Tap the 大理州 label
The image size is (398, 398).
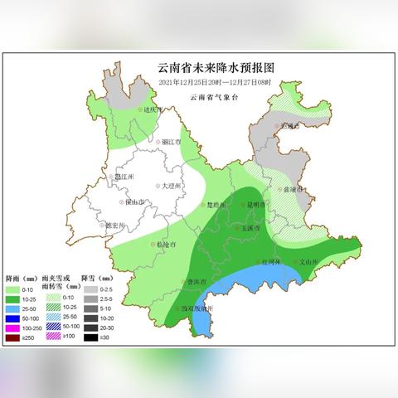pyautogui.click(x=170, y=186)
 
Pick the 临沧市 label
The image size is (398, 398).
pyautogui.click(x=168, y=245)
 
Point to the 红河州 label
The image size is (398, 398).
pyautogui.click(x=272, y=262)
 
